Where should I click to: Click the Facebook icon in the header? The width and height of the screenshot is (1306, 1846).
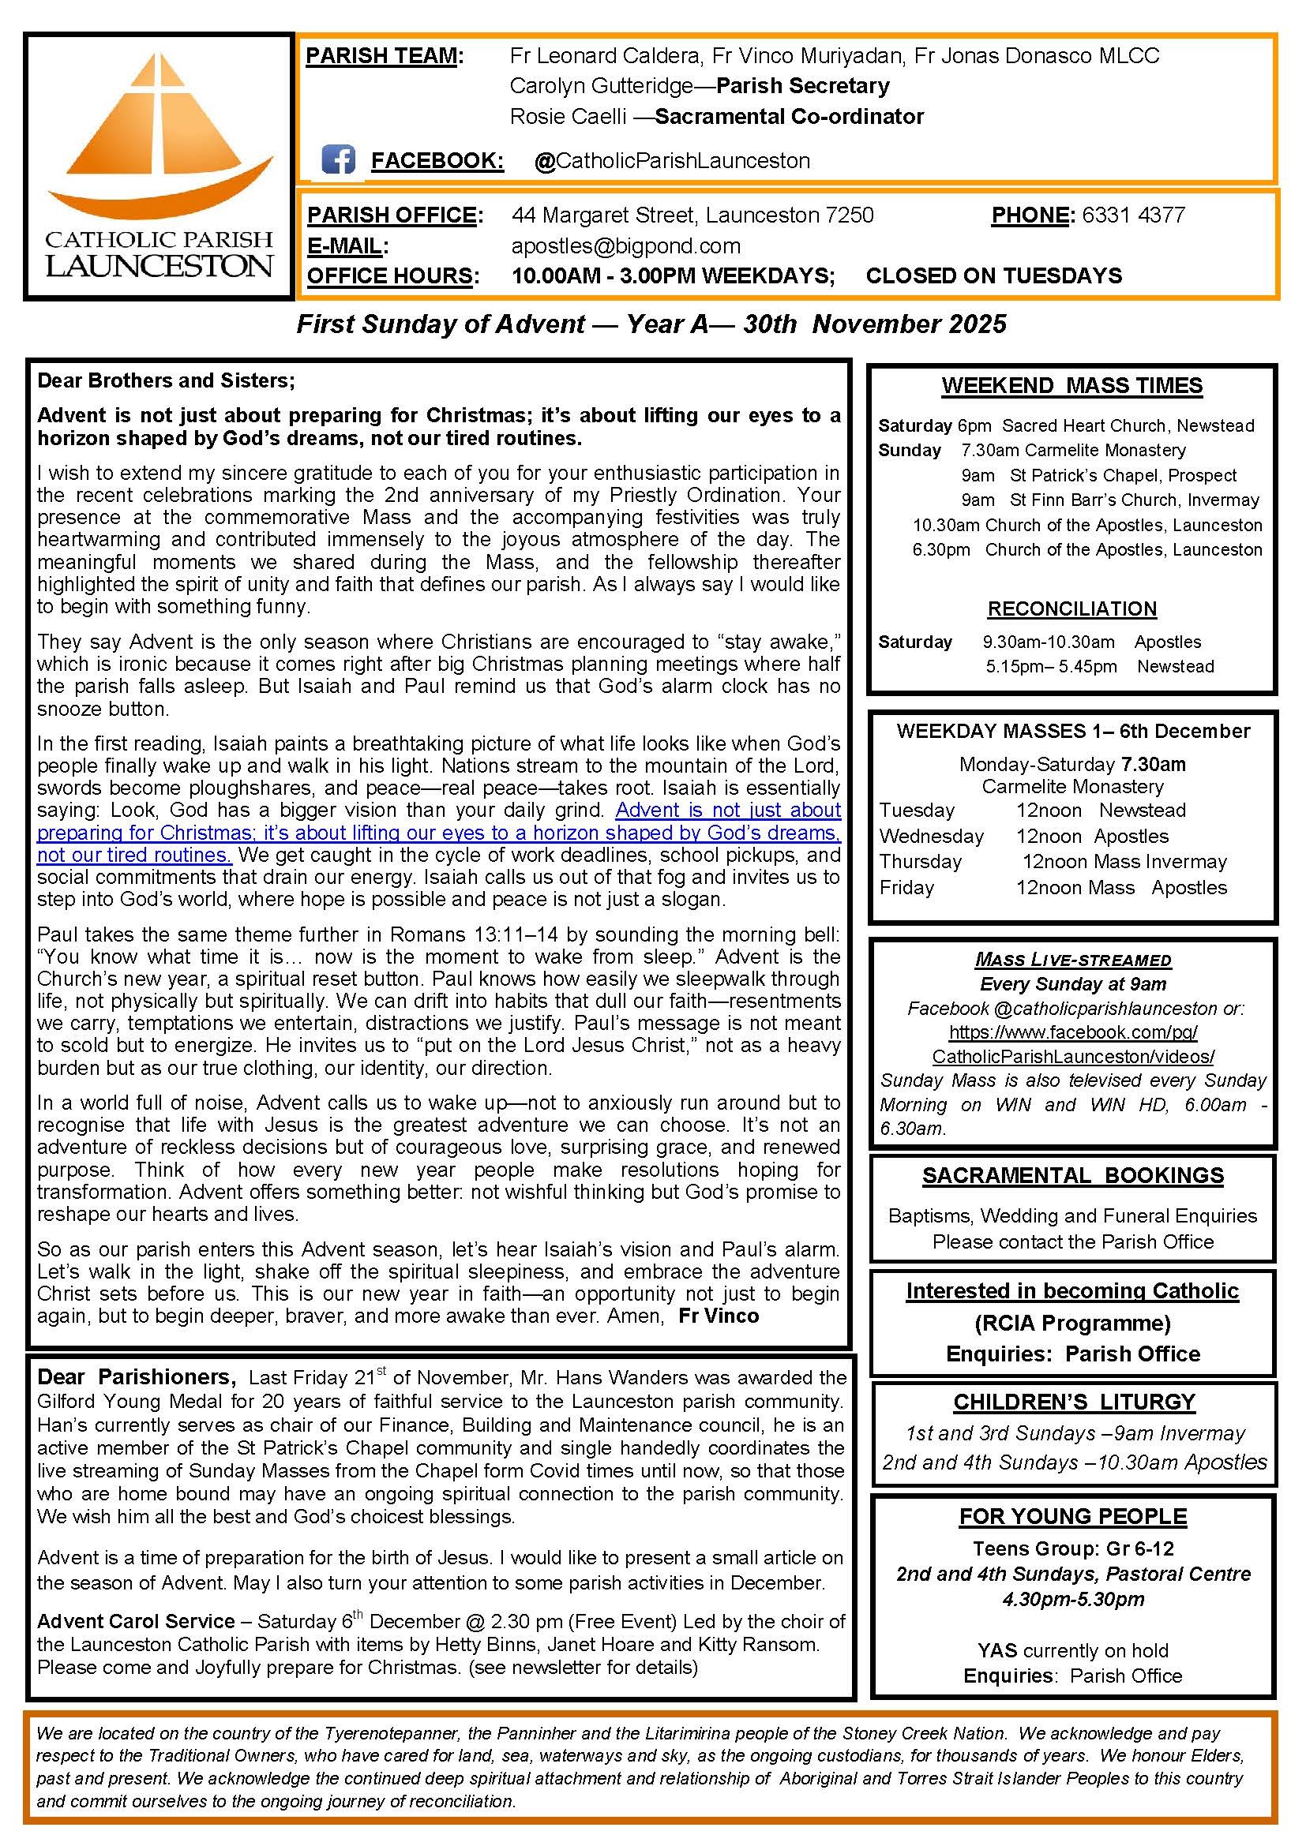pyautogui.click(x=338, y=160)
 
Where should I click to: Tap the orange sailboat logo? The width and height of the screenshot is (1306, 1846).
pyautogui.click(x=161, y=137)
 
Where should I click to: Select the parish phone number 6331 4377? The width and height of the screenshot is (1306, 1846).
pyautogui.click(x=1133, y=215)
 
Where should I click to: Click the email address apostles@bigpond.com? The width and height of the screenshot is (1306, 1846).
pyautogui.click(x=625, y=246)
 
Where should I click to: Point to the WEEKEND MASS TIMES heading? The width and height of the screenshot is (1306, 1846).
pyautogui.click(x=1072, y=386)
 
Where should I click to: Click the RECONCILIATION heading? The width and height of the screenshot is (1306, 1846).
pyautogui.click(x=1072, y=608)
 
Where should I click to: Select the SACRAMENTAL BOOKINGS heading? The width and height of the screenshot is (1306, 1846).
pyautogui.click(x=1072, y=1175)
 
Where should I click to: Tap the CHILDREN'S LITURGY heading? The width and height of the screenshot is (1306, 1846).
pyautogui.click(x=1074, y=1402)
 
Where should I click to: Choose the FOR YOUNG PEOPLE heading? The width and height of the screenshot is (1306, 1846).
pyautogui.click(x=1073, y=1516)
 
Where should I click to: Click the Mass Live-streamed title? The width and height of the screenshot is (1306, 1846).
pyautogui.click(x=1073, y=959)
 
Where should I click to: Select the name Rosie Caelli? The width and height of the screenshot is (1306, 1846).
pyautogui.click(x=568, y=117)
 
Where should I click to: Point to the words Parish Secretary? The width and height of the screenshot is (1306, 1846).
pyautogui.click(x=802, y=86)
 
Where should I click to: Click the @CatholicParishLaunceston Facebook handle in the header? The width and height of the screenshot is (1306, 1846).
pyautogui.click(x=671, y=161)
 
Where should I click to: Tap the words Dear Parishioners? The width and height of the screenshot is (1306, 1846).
pyautogui.click(x=137, y=1377)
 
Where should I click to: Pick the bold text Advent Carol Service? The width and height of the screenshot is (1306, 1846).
pyautogui.click(x=136, y=1621)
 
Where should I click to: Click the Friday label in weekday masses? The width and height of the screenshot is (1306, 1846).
pyautogui.click(x=906, y=888)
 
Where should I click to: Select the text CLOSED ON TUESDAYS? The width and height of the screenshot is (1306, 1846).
pyautogui.click(x=993, y=275)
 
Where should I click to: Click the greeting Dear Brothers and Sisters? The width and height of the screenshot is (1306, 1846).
pyautogui.click(x=167, y=380)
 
